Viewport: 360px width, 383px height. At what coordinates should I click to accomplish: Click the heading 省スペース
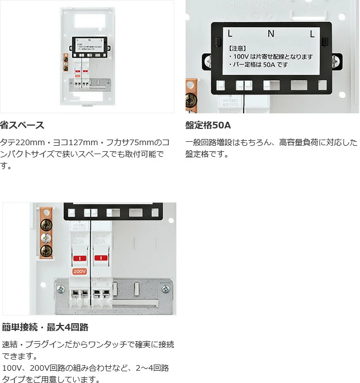tap(22, 125)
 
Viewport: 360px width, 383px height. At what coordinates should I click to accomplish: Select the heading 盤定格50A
tap(208, 125)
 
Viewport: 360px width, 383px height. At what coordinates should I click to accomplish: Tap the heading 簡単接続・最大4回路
tap(45, 327)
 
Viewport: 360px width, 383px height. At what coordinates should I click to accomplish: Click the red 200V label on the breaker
tap(79, 271)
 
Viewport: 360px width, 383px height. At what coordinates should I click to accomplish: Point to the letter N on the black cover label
tap(271, 34)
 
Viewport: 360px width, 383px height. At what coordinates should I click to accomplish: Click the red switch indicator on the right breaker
tap(101, 258)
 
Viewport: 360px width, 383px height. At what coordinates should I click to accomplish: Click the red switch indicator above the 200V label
tap(79, 258)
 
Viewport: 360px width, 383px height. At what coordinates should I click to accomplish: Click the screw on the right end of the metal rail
tap(165, 289)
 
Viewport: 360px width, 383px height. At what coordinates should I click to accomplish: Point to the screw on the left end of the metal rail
tap(61, 289)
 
